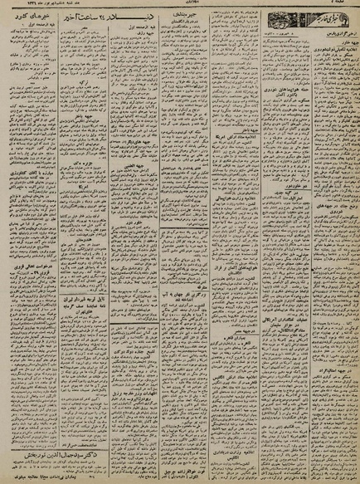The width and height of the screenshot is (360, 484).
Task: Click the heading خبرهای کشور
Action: tap(36, 19)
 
